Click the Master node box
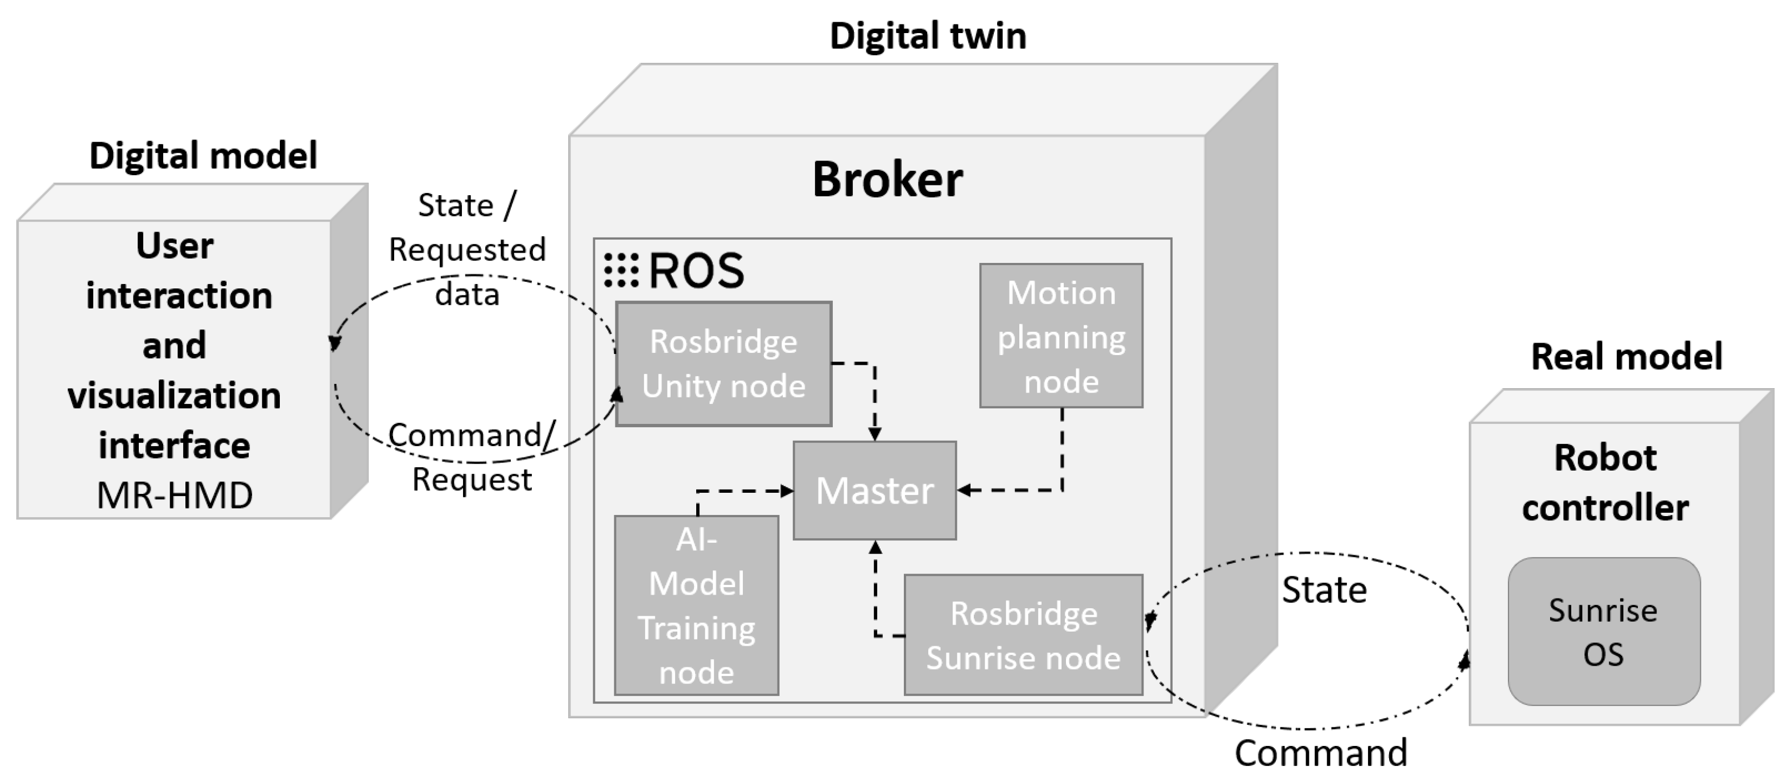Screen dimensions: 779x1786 click(x=874, y=490)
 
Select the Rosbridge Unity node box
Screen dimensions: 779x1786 click(x=723, y=363)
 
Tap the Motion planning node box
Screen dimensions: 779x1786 click(x=1061, y=336)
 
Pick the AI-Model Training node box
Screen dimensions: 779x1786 click(x=696, y=605)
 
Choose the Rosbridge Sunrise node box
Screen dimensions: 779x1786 click(x=1023, y=634)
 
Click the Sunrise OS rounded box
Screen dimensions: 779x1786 click(x=1604, y=632)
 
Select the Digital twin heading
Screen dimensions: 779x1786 click(x=928, y=35)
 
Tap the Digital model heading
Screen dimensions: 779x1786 click(x=203, y=155)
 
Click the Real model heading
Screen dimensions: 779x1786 click(x=1626, y=356)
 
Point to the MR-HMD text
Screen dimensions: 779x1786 click(x=175, y=495)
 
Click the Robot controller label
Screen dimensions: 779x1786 click(x=1605, y=482)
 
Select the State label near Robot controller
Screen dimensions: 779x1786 click(x=1324, y=590)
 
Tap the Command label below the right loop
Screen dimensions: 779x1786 click(x=1321, y=752)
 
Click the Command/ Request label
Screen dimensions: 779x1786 click(x=472, y=457)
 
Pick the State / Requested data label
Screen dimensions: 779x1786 click(x=467, y=249)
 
